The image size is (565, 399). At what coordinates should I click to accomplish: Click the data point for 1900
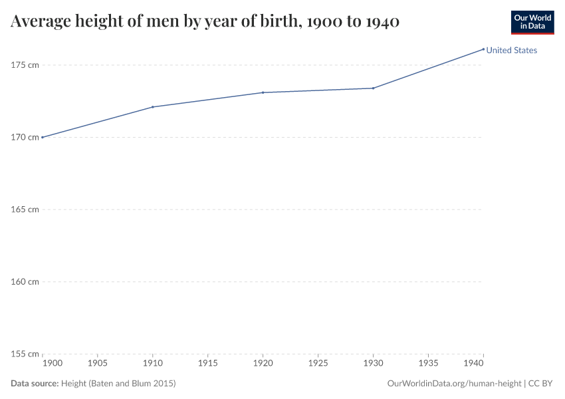point(43,137)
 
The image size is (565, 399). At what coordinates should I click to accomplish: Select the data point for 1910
point(153,107)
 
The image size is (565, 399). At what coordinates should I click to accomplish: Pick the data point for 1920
point(263,92)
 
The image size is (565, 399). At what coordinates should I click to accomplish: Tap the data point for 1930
point(373,88)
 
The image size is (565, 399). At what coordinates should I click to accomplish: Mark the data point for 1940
point(483,49)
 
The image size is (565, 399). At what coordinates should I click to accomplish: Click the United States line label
point(511,50)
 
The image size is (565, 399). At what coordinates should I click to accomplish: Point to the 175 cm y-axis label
point(25,65)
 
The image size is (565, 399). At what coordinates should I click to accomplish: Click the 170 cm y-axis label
point(25,137)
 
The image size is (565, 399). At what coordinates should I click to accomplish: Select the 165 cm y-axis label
point(25,209)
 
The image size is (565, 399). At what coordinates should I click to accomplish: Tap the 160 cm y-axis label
point(25,281)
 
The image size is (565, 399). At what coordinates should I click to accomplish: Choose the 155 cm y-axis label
point(25,354)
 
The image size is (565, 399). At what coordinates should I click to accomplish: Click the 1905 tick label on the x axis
point(98,364)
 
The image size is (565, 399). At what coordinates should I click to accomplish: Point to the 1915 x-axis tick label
point(208,364)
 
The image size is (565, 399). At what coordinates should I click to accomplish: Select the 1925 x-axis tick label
point(318,364)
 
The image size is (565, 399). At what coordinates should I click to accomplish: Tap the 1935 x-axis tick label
point(428,364)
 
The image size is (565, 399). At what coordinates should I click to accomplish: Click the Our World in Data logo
point(532,22)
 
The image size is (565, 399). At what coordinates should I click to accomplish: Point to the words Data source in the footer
point(35,384)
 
